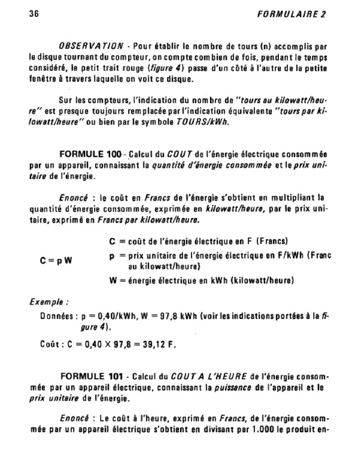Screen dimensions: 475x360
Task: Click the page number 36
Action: coord(33,14)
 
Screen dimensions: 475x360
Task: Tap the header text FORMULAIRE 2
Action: coord(292,14)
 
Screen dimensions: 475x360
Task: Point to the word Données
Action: coord(56,317)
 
